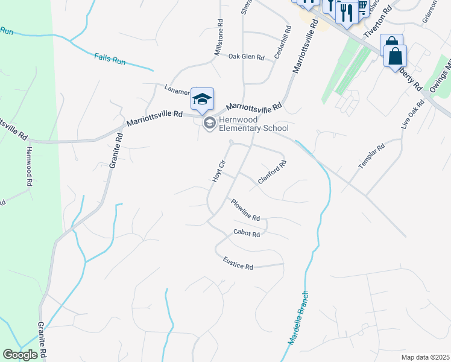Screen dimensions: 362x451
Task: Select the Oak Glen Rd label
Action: tap(247, 57)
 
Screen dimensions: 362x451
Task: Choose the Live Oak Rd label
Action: tap(413, 114)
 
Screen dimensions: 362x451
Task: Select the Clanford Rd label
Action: tap(271, 171)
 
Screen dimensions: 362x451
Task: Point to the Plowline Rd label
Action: tap(245, 209)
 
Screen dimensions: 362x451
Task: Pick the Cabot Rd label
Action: tap(247, 233)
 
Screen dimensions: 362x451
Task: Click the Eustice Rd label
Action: tap(238, 264)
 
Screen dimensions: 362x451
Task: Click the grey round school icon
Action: tap(209, 124)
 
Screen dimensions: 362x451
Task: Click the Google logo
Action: tap(20, 355)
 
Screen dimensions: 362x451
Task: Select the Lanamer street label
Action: tap(177, 89)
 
